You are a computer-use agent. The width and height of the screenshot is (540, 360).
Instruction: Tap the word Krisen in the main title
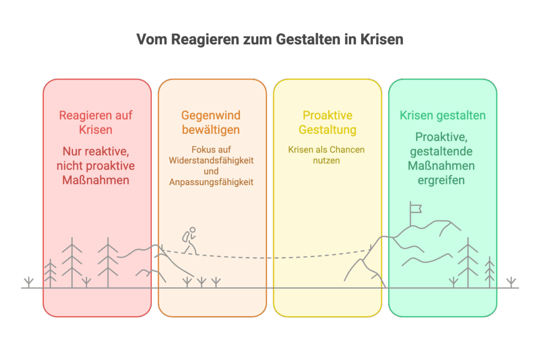point(382,39)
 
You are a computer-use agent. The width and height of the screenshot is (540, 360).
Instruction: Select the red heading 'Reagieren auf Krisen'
point(96,122)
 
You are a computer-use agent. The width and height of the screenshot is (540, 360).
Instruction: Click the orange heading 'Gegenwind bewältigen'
point(211,122)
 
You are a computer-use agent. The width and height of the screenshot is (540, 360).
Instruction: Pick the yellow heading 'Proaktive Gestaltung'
point(327,122)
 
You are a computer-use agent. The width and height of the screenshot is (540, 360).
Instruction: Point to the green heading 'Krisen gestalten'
point(442,115)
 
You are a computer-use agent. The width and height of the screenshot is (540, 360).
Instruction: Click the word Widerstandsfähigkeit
point(211,160)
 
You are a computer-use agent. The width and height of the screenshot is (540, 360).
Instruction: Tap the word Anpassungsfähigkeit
point(211,182)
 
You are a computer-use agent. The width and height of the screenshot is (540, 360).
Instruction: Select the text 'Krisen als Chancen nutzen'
point(326,155)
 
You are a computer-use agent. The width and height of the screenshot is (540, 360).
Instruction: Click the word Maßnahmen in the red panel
point(96,180)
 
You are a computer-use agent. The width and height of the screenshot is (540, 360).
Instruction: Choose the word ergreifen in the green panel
point(441,180)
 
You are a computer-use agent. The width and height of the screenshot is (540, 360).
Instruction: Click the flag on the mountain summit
point(416,209)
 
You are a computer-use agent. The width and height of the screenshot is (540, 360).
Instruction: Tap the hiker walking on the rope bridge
point(190,240)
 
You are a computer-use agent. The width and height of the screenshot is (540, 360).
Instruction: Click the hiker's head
point(192,230)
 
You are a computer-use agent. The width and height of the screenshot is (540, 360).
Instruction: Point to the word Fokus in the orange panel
point(201,150)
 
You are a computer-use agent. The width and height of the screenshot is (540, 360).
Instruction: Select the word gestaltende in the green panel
point(441,151)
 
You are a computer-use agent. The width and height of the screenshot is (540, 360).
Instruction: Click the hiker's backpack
point(186,237)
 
